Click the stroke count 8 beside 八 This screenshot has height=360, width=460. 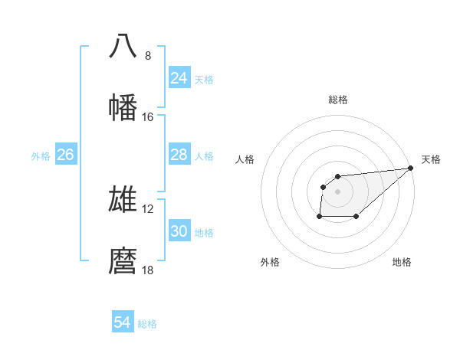tap(148, 55)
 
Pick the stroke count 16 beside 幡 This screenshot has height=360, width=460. tap(147, 117)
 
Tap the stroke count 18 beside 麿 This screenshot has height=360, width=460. tap(147, 270)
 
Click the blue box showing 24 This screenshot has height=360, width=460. tap(179, 78)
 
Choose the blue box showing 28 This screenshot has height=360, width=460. tap(179, 155)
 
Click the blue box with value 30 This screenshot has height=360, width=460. tap(179, 231)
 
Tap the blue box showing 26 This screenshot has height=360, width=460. tap(65, 155)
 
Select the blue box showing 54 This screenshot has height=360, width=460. tap(123, 322)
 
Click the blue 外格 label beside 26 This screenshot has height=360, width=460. tap(41, 156)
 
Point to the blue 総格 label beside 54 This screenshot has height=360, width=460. tap(147, 324)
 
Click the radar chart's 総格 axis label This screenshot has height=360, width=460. tap(338, 100)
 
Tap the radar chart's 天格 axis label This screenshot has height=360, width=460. tap(431, 159)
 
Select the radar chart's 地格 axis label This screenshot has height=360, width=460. tap(402, 262)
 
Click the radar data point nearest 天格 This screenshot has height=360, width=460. tap(411, 169)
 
